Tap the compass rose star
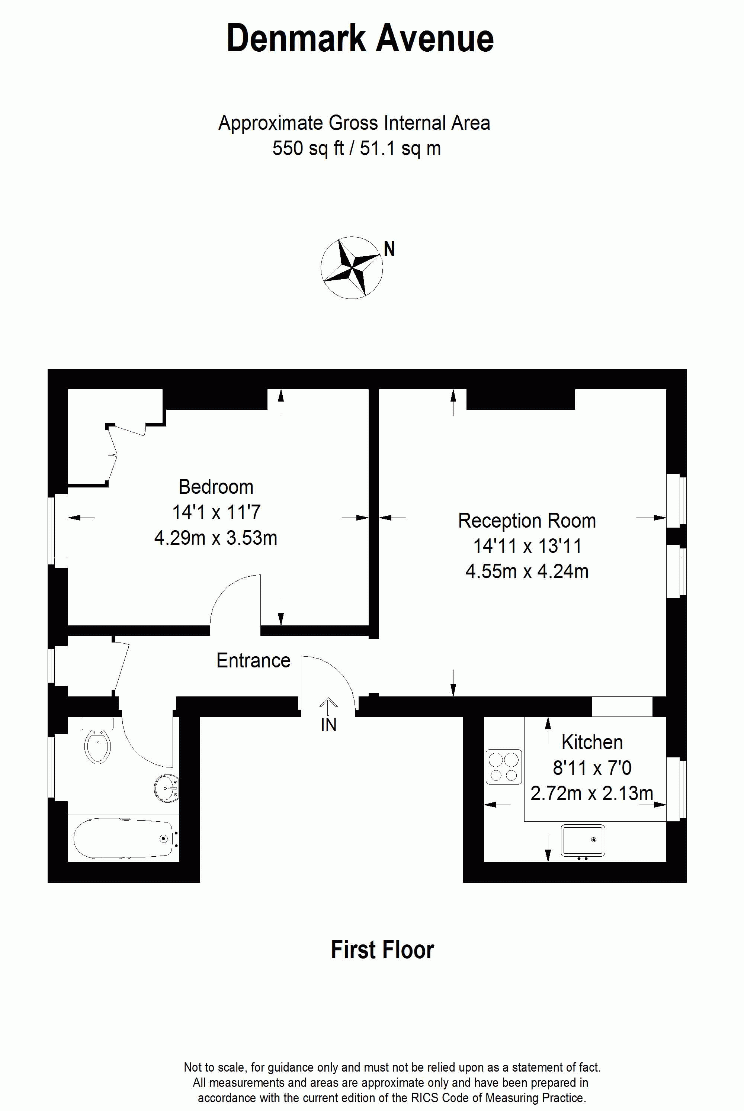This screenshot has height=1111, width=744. [x=352, y=267]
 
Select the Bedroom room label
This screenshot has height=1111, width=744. [x=216, y=487]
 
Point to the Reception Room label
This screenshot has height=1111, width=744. [x=527, y=521]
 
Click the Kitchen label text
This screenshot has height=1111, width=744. [x=592, y=743]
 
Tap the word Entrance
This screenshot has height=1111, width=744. [x=253, y=660]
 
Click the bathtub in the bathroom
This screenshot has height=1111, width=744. [x=124, y=838]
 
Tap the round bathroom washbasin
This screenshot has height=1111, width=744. [x=167, y=788]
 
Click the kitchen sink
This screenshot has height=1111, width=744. [x=583, y=840]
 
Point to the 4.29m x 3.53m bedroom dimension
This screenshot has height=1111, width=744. [x=216, y=538]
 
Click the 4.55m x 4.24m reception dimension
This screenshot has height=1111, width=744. [x=527, y=572]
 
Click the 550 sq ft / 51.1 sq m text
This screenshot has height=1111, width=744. [x=356, y=148]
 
